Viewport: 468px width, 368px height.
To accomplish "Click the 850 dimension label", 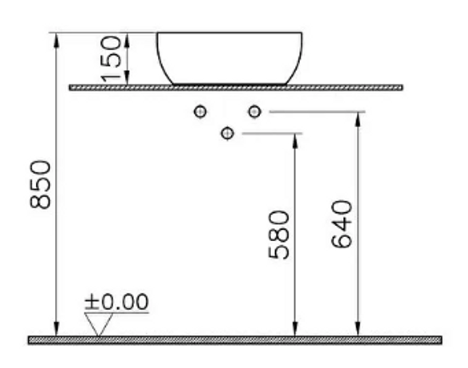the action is coord(41,184).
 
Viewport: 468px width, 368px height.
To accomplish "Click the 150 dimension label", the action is coord(111,58).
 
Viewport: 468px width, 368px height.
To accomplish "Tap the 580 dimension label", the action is coord(279,235).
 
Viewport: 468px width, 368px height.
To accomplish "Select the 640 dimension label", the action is coord(342,224).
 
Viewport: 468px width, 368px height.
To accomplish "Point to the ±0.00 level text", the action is coord(116,301).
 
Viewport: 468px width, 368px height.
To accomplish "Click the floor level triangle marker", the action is coord(99,324).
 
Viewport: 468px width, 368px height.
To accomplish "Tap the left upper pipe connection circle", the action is coord(200,112).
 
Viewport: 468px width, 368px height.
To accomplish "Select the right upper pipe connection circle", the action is coord(254,112).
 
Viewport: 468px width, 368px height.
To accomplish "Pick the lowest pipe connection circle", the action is coord(227,133).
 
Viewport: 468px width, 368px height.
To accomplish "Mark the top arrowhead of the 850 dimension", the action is coord(57,40).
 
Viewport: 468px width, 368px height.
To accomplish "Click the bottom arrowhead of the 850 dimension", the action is coord(57,329).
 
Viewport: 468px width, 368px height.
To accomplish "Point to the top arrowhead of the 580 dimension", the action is coord(295,140).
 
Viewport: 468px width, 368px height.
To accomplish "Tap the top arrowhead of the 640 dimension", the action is coord(358,120).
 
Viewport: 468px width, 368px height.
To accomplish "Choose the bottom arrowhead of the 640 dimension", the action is coord(358,329).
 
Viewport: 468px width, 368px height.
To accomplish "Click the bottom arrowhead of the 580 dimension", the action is coord(295,329).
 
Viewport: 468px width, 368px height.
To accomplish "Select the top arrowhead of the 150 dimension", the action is coord(127,40).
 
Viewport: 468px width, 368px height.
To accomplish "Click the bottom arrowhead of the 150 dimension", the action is coord(127,77).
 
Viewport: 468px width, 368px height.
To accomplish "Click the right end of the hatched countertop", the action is coord(403,88).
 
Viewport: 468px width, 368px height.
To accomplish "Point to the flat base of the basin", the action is coord(230,84).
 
